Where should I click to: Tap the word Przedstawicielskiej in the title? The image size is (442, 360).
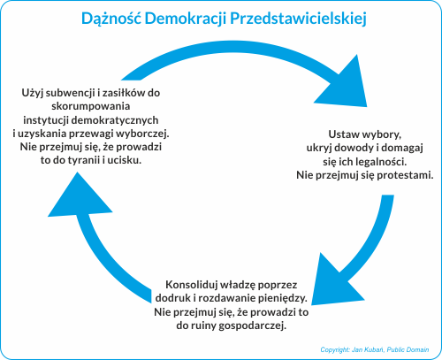298,19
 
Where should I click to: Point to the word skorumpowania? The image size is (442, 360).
91,106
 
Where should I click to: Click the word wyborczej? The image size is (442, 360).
142,134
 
